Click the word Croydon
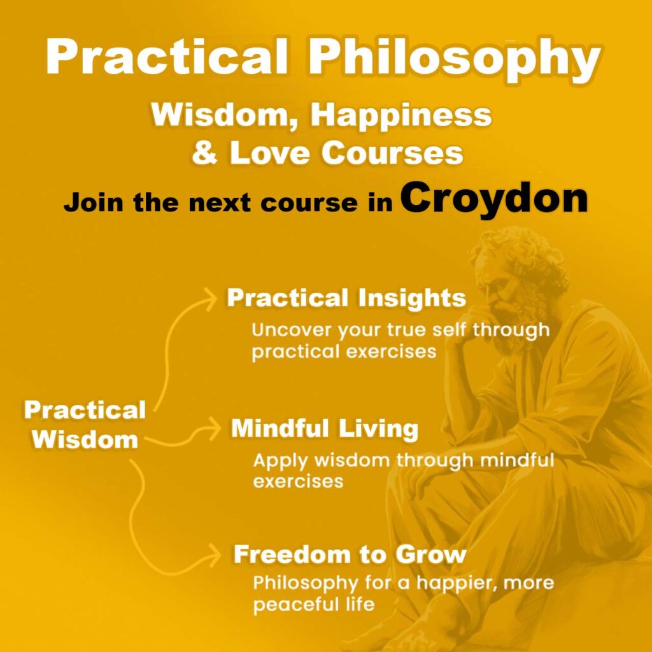click(x=494, y=199)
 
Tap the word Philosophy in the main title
click(x=454, y=59)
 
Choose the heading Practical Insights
click(x=346, y=298)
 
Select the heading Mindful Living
click(x=324, y=429)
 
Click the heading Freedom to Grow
click(x=350, y=554)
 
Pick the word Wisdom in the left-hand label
click(x=85, y=439)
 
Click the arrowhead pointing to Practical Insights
click(x=211, y=297)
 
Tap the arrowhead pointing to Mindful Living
click(x=213, y=430)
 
